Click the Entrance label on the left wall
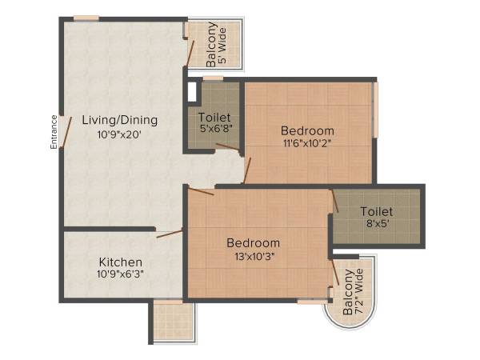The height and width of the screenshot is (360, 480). (54, 132)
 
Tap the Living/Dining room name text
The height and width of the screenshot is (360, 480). (120, 120)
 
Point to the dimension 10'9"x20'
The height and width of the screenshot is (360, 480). (120, 135)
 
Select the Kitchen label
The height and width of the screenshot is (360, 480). (121, 262)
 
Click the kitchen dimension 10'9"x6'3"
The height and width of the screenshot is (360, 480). (121, 275)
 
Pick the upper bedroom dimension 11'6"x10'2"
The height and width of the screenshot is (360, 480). (307, 144)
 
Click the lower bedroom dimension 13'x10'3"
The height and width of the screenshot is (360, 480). (253, 257)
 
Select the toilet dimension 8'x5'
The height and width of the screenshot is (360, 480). (376, 226)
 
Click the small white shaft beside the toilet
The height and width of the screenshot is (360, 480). (192, 91)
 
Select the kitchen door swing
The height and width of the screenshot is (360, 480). (170, 233)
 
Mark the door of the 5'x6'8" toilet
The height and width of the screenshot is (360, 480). (228, 146)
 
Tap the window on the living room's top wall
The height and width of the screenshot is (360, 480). (86, 18)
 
